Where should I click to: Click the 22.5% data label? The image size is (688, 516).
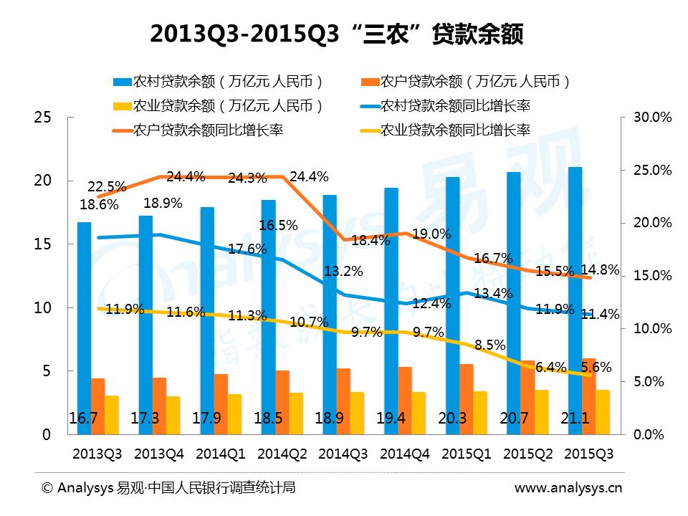(x=108, y=186)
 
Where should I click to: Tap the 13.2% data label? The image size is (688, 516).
(x=343, y=272)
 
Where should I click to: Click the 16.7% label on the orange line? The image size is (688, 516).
(x=495, y=258)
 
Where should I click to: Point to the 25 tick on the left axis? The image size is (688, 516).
(x=42, y=118)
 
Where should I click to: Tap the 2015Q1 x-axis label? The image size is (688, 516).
(x=466, y=454)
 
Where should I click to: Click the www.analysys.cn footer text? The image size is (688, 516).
(x=569, y=488)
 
